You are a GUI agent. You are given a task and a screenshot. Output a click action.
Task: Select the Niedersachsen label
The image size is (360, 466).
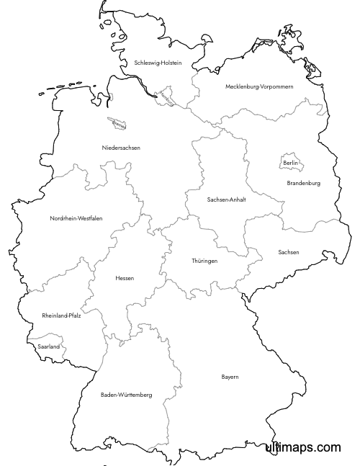click(x=121, y=148)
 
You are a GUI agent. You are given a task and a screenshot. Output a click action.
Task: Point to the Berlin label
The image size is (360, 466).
click(x=291, y=163)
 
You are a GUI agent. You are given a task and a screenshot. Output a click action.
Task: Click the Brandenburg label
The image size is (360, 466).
click(x=303, y=183)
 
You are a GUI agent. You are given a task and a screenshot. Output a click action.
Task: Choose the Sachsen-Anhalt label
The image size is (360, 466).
click(x=226, y=200)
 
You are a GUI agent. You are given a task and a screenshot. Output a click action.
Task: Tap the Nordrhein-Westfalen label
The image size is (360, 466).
click(x=76, y=218)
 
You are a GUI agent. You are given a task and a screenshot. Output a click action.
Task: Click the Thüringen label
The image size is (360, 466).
click(x=204, y=260)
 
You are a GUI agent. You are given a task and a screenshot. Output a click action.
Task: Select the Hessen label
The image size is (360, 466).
click(x=124, y=278)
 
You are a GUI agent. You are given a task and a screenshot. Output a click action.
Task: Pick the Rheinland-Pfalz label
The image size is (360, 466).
click(x=61, y=315)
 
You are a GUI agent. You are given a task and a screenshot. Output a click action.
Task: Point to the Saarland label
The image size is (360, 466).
click(x=48, y=346)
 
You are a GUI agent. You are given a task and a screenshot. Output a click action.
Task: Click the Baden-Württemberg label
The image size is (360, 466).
click(x=126, y=395)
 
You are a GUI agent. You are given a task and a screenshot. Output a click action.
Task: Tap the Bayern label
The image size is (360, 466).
click(x=230, y=377)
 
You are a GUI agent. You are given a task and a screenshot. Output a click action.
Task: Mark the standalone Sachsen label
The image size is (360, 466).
click(x=288, y=252)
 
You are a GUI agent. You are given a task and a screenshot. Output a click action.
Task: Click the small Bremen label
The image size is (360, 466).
click(x=118, y=124)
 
